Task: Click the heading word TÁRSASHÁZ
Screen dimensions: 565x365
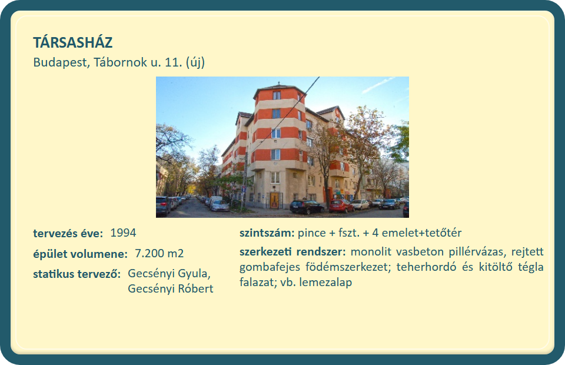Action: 73,42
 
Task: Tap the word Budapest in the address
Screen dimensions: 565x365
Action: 61,62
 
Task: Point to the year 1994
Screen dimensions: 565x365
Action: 123,233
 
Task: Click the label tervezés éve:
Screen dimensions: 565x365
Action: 68,234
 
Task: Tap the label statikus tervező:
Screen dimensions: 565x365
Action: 77,274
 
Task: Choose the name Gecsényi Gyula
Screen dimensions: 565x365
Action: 169,274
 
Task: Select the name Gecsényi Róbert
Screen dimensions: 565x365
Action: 171,288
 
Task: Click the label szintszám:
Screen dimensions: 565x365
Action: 267,233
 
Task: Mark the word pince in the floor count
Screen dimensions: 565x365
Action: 312,233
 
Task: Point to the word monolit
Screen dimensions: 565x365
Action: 371,251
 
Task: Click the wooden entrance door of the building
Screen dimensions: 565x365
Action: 275,200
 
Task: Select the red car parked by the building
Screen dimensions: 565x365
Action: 341,205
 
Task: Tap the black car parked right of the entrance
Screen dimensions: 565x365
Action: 307,207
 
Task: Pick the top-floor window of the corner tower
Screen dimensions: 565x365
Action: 277,95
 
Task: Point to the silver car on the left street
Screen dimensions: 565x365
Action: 220,205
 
